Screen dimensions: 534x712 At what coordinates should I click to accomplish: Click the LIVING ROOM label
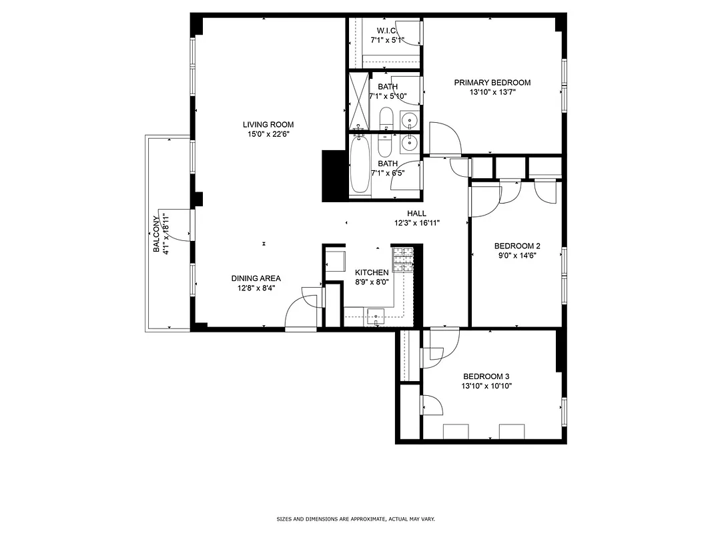click(268, 124)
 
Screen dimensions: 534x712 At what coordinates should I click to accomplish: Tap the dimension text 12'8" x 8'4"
click(256, 288)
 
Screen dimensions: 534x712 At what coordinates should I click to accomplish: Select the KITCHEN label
click(372, 272)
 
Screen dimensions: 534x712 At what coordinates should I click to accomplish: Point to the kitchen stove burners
click(402, 260)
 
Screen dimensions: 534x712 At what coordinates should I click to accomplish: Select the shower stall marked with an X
click(360, 100)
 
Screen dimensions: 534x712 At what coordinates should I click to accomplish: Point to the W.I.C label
click(387, 31)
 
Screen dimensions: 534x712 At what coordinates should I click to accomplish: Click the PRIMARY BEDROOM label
click(492, 83)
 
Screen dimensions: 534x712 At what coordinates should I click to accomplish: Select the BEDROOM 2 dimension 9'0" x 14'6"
click(516, 254)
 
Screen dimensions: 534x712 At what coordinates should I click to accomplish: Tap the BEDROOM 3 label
click(486, 376)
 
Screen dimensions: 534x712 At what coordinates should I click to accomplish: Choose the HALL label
click(416, 214)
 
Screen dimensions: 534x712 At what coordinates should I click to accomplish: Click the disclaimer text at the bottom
click(356, 519)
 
